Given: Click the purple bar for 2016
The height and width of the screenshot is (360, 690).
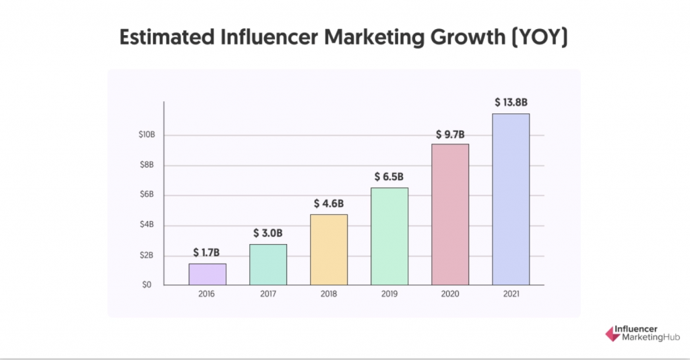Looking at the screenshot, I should point(207,274).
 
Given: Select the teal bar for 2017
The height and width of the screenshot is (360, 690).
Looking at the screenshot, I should point(268,264).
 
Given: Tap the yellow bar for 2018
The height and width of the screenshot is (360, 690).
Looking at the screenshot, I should point(329,249).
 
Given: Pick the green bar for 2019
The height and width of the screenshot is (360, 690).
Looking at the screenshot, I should point(389,236).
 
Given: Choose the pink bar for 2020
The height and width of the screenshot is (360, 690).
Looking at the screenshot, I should point(450,214).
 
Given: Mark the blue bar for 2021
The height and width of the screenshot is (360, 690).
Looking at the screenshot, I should point(511,199).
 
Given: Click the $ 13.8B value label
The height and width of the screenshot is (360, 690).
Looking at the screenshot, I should point(510,102).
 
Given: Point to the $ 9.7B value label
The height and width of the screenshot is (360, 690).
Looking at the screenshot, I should point(450,133).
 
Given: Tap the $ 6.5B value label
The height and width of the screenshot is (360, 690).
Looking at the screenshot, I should point(389,177).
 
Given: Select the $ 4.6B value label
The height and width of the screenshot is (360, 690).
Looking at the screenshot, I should point(329,203).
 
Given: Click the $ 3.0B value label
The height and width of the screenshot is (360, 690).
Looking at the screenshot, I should point(268,233).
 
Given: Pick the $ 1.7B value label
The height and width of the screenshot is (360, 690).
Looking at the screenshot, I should point(208,253).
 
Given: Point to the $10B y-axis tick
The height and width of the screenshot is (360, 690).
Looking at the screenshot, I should point(146,135).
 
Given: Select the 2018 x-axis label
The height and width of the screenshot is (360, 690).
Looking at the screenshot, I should point(329,295).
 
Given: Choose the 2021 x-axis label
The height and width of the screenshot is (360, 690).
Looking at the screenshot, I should point(511,295).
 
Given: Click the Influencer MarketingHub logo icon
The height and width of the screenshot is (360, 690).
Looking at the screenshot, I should point(604,333).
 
